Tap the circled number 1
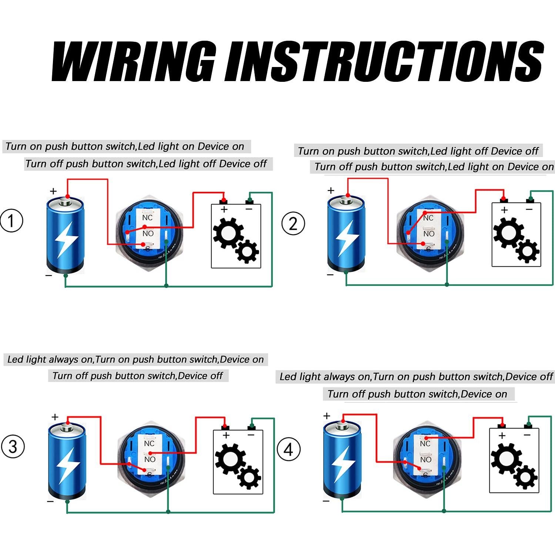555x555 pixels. (x=11, y=221)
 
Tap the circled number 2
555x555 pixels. (x=293, y=224)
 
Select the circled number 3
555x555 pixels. (x=13, y=446)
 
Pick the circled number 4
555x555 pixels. (x=289, y=449)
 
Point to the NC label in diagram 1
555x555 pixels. (x=147, y=218)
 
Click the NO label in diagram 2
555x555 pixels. (x=429, y=234)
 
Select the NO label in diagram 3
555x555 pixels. (x=150, y=459)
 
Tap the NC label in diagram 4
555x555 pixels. (x=425, y=444)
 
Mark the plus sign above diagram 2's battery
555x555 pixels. (x=331, y=190)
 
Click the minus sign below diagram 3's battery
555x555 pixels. (x=51, y=501)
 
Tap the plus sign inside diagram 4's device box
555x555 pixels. (x=502, y=436)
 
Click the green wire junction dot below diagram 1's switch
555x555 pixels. (x=166, y=285)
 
